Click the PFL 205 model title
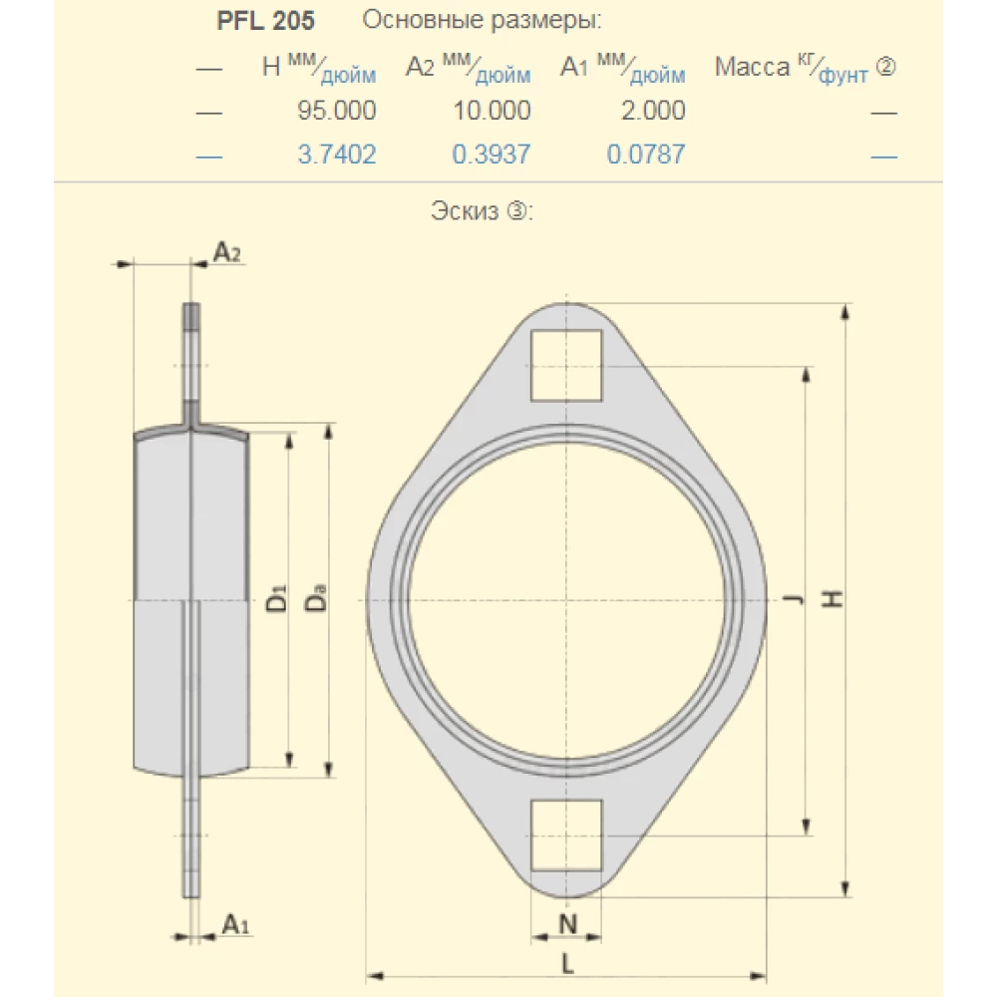pyautogui.click(x=266, y=21)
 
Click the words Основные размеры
pyautogui.click(x=483, y=21)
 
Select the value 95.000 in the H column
pyautogui.click(x=337, y=111)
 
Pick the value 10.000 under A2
pyautogui.click(x=492, y=111)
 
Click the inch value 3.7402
pyautogui.click(x=337, y=155)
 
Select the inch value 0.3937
pyautogui.click(x=492, y=155)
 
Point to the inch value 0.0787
pyautogui.click(x=646, y=155)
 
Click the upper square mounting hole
pyautogui.click(x=566, y=365)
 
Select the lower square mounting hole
pyautogui.click(x=566, y=834)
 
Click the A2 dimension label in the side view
pyautogui.click(x=227, y=253)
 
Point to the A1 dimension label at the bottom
pyautogui.click(x=235, y=924)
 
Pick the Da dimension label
pyautogui.click(x=316, y=601)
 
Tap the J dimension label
pyautogui.click(x=793, y=599)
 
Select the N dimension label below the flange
pyautogui.click(x=566, y=924)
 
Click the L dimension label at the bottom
pyautogui.click(x=566, y=963)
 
